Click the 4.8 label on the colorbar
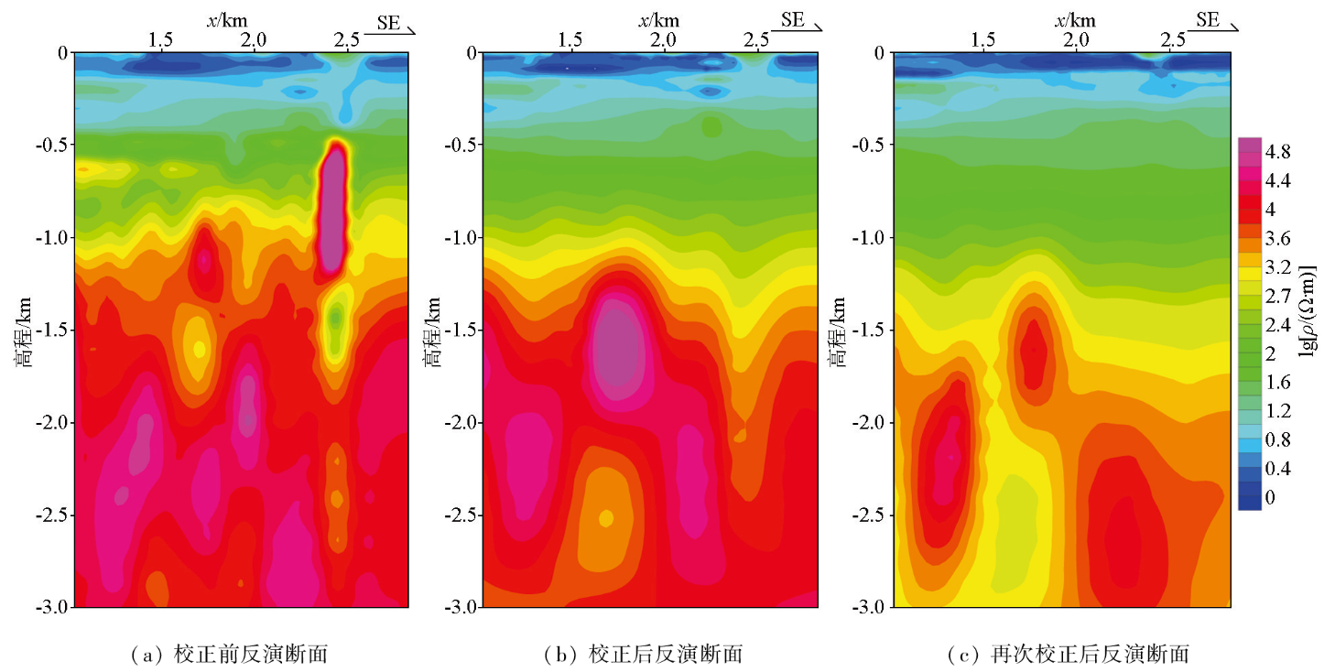pyautogui.click(x=1277, y=151)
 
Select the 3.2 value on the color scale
pyautogui.click(x=1277, y=267)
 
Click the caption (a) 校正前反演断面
pyautogui.click(x=230, y=654)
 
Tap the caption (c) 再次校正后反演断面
pyautogui.click(x=1069, y=654)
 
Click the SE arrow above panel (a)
pyautogui.click(x=391, y=25)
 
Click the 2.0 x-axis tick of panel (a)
pyautogui.click(x=254, y=40)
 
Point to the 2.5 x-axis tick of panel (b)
pyautogui.click(x=756, y=40)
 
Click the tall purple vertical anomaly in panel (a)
pyautogui.click(x=334, y=211)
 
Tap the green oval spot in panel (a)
pyautogui.click(x=337, y=318)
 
